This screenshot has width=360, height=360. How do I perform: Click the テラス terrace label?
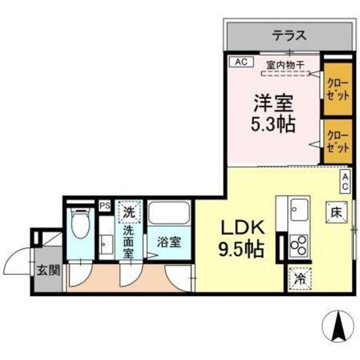click(288, 36)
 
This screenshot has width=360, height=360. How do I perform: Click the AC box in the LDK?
click(345, 180)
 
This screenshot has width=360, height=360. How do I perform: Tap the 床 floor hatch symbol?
click(334, 211)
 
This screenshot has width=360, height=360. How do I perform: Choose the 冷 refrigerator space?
click(299, 278)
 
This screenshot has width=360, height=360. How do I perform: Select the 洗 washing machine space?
click(129, 211)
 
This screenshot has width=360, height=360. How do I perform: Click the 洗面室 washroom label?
click(129, 242)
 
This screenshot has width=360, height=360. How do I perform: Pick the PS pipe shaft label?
click(104, 205)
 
